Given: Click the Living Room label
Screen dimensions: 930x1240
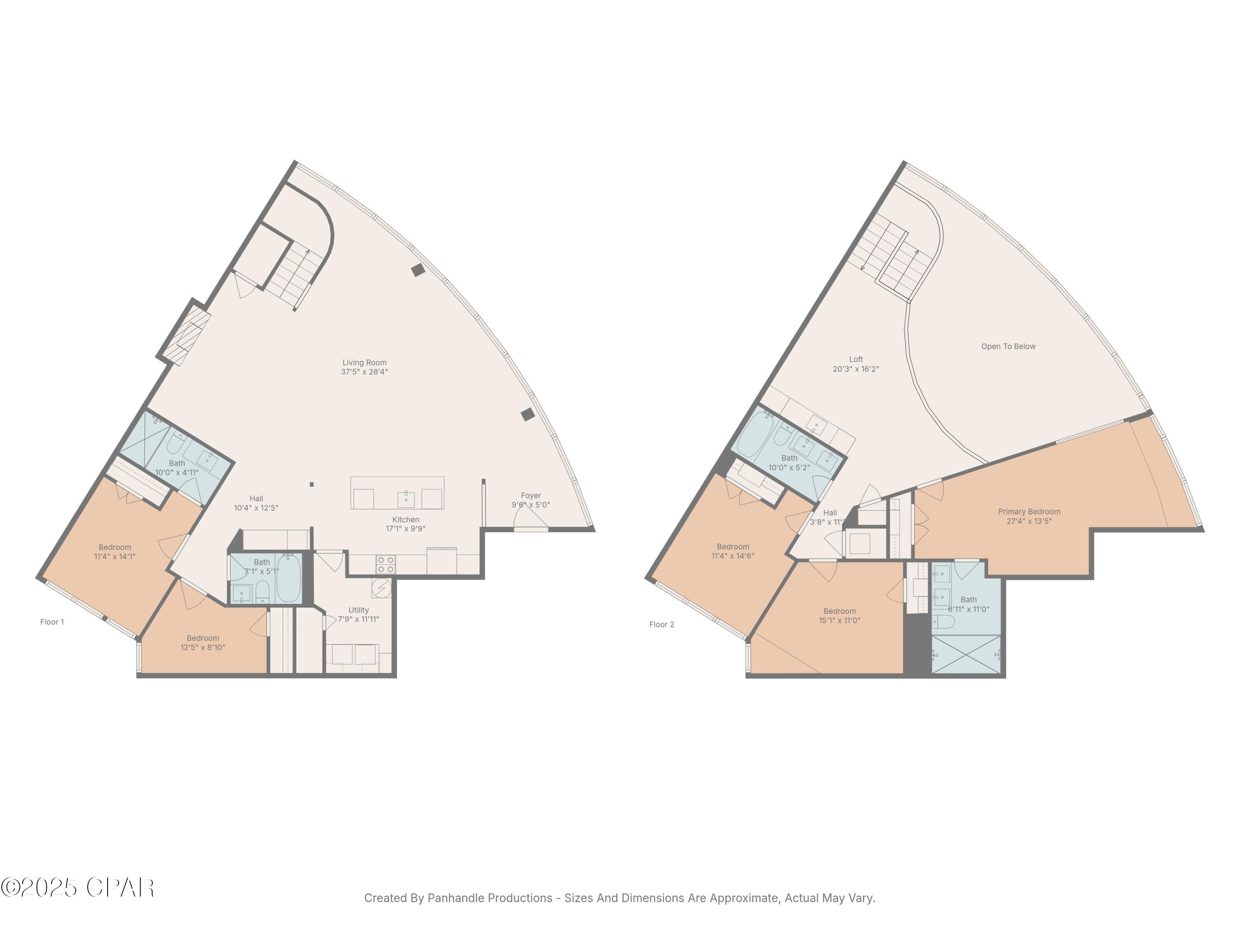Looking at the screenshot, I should (365, 362).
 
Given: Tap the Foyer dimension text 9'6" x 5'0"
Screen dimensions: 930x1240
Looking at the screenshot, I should (530, 505).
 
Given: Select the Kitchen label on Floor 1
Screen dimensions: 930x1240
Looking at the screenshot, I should (405, 520).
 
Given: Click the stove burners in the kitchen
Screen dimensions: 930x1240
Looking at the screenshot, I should (385, 565).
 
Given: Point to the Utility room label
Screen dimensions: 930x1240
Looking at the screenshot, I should (358, 610).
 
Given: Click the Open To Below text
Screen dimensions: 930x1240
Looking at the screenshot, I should (1008, 346).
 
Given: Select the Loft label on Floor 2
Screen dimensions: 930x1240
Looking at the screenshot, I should (856, 359).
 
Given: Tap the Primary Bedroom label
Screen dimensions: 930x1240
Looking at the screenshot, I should (1029, 511).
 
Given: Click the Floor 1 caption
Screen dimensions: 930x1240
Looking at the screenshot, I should (52, 622).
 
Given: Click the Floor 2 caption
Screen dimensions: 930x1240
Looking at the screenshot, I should (661, 625).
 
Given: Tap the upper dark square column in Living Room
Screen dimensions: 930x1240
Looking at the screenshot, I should (417, 270).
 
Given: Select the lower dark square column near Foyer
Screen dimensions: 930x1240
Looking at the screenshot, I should (527, 415).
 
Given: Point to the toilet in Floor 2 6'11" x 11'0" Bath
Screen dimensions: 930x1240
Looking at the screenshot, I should (944, 621).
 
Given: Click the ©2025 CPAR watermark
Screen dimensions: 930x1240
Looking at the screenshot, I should (77, 887).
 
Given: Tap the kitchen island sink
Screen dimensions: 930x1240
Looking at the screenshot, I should (406, 498).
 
